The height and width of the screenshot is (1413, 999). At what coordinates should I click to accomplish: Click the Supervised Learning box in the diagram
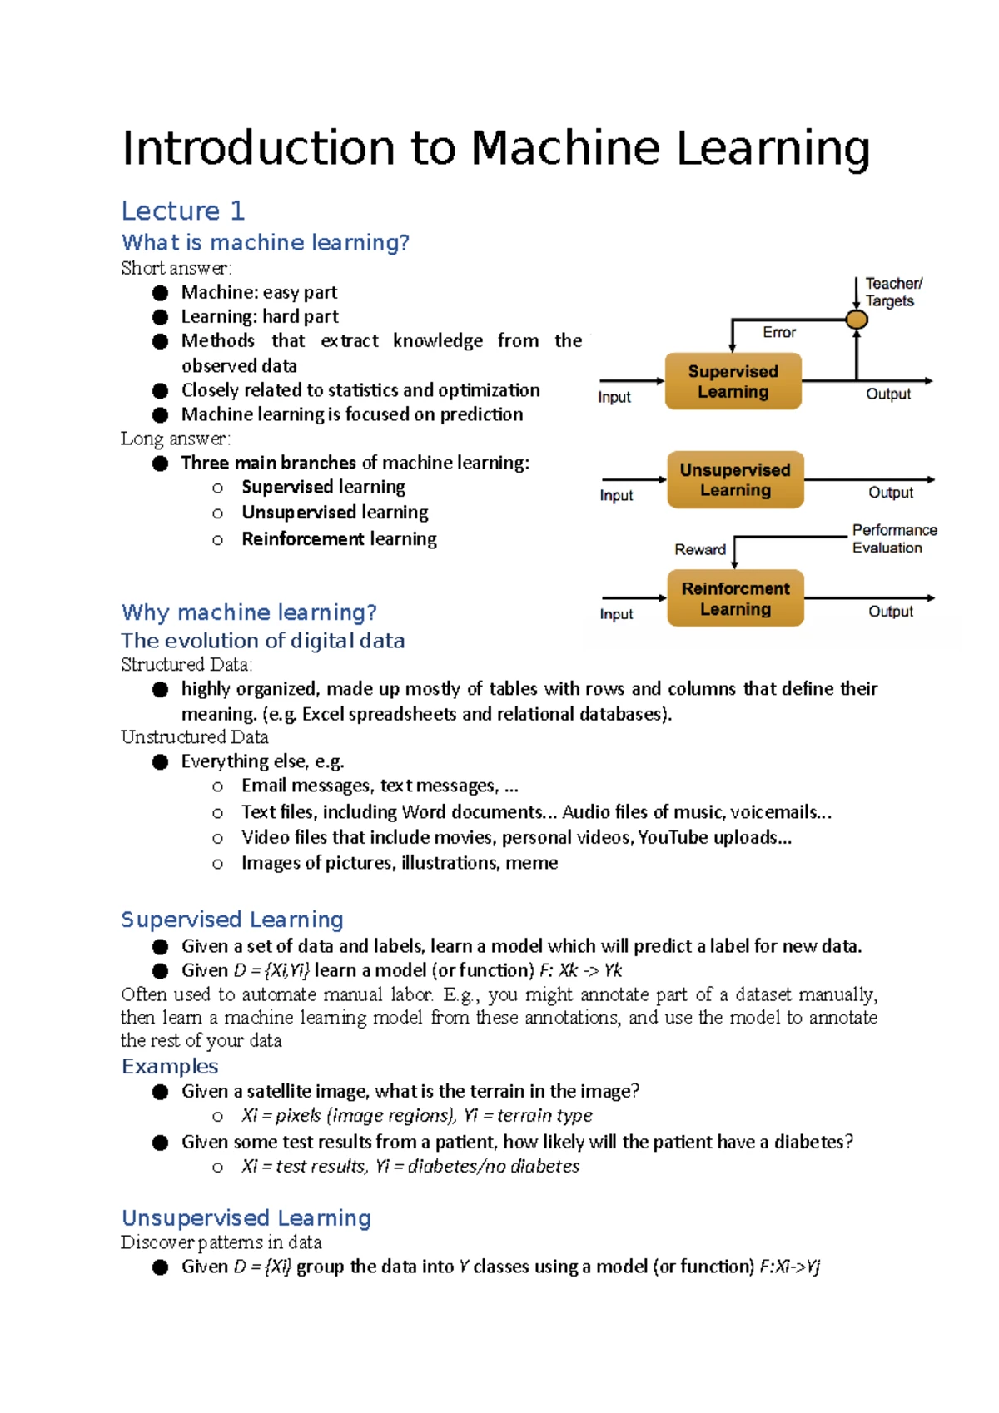(733, 381)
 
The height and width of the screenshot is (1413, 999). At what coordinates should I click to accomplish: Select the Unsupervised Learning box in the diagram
(735, 479)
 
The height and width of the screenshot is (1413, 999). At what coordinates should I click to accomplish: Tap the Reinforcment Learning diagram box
(735, 598)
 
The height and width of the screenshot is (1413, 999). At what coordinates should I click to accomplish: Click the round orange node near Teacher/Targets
(856, 320)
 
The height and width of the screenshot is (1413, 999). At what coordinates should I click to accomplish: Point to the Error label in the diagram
(779, 333)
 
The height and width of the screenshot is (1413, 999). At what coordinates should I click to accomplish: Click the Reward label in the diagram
(700, 550)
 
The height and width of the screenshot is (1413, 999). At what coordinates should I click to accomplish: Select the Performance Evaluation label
(893, 538)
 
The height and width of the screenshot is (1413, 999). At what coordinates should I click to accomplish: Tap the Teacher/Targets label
(892, 292)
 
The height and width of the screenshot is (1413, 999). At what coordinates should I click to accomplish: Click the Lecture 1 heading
(183, 211)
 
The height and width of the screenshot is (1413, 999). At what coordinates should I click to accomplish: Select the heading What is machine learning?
(266, 243)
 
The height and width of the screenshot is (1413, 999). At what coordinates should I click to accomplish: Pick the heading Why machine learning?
(249, 612)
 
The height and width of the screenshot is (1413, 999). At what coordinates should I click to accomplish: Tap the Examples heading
(170, 1067)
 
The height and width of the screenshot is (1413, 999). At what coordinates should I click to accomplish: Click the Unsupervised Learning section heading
(246, 1218)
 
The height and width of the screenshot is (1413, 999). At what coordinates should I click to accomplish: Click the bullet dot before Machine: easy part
(161, 293)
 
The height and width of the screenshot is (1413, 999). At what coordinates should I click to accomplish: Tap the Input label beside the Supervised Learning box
(614, 398)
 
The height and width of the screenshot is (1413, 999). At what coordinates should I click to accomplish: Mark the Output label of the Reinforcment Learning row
(891, 612)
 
